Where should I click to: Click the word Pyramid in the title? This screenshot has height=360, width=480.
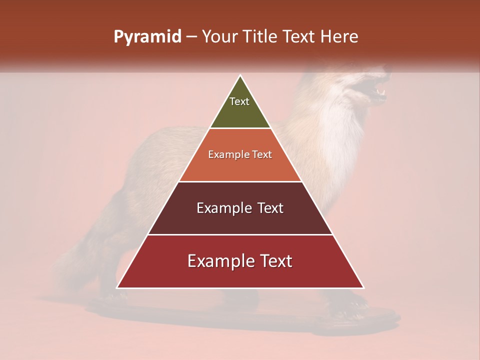point(147,37)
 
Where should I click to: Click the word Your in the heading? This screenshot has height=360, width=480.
point(218,37)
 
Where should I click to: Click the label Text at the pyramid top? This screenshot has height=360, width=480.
point(239,101)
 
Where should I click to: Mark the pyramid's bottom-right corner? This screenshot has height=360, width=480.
point(363,287)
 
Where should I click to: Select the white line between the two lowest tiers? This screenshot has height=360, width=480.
point(240,234)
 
